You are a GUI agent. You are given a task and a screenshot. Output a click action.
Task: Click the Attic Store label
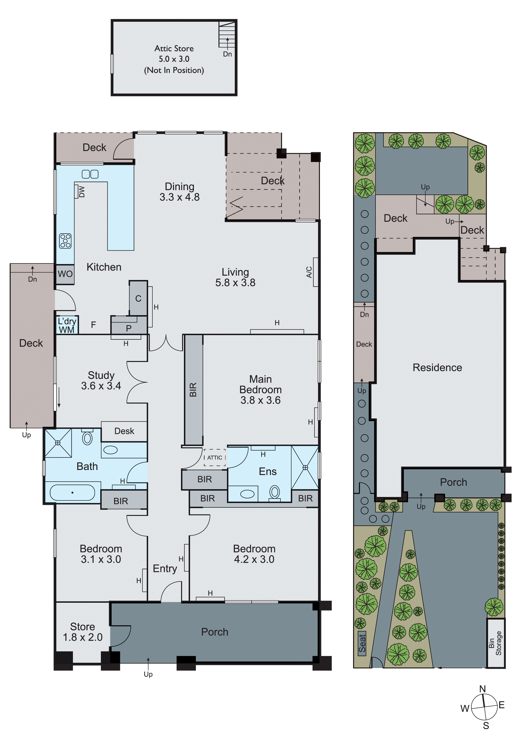click(174, 49)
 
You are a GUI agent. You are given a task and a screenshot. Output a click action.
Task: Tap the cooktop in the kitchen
click(66, 241)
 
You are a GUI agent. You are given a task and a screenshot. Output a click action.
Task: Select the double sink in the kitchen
click(90, 174)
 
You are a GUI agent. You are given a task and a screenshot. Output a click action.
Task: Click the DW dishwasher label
click(81, 192)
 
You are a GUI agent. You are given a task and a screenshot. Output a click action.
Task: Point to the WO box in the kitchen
click(65, 274)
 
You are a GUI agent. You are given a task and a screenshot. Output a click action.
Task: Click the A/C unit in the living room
click(315, 272)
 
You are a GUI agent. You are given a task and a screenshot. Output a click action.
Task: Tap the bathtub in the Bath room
click(72, 492)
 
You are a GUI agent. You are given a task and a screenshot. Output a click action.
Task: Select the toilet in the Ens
click(275, 492)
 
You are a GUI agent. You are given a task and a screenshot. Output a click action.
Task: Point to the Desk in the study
click(124, 431)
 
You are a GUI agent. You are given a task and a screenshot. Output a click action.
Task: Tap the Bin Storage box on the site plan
click(495, 643)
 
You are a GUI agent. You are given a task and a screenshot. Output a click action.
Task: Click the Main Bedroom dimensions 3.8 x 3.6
click(260, 400)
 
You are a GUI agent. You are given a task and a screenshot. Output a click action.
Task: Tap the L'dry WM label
click(67, 326)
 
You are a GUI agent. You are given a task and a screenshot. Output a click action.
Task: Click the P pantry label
click(128, 328)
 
